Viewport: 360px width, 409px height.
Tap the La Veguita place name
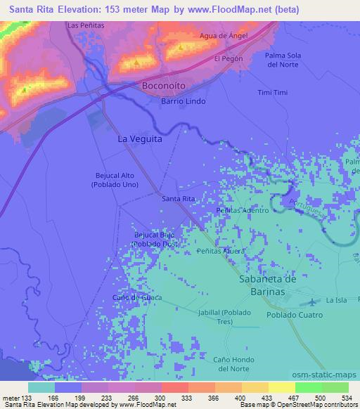click(x=141, y=139)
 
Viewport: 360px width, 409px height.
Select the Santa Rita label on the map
click(x=179, y=199)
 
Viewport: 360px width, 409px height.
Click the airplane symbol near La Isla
click(x=312, y=301)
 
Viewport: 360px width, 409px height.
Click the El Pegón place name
click(x=229, y=58)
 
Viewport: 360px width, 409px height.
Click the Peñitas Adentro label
click(x=243, y=210)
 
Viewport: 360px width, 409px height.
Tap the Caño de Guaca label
click(x=137, y=298)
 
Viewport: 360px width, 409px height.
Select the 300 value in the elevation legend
click(x=161, y=398)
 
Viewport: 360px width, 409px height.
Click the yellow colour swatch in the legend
click(x=281, y=387)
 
